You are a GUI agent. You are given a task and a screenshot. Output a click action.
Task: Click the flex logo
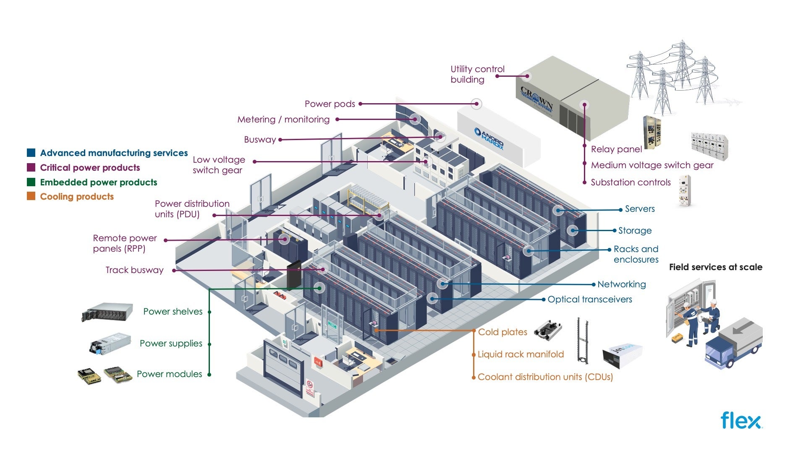click(741, 420)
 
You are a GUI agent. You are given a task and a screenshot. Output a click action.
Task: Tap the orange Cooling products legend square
click(31, 196)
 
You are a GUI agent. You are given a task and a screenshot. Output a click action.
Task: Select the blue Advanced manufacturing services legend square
click(31, 153)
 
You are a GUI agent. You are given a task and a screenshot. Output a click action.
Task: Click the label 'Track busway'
click(134, 270)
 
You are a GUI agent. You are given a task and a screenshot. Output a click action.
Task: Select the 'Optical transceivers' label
click(589, 299)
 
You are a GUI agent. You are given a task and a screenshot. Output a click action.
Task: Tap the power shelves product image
click(107, 312)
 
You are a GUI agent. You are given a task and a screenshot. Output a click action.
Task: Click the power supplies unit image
click(110, 344)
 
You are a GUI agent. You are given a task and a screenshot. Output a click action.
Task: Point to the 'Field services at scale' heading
click(715, 267)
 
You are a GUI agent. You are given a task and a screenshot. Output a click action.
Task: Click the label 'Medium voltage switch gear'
click(652, 165)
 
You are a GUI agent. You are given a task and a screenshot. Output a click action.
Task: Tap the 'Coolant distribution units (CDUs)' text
click(545, 377)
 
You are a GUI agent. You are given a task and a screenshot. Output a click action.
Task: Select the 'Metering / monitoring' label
click(283, 120)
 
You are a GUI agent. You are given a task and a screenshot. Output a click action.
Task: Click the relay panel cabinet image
click(652, 133)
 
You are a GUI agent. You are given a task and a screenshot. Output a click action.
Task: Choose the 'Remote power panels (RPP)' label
click(125, 243)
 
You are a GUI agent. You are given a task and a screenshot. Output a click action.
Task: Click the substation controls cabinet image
click(684, 191)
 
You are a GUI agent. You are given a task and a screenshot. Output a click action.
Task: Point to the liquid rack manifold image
click(582, 341)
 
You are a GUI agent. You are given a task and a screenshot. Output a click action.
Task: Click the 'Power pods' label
click(330, 104)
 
